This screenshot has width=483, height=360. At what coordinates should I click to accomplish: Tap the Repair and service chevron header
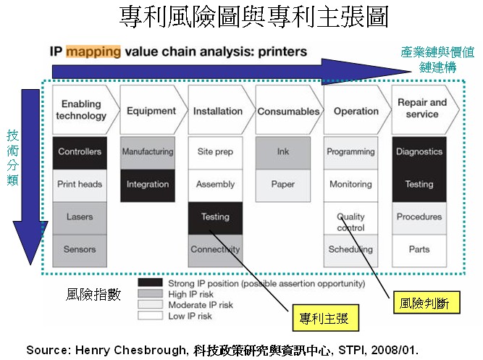click(x=425, y=109)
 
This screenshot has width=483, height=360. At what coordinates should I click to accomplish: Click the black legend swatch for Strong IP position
click(x=150, y=282)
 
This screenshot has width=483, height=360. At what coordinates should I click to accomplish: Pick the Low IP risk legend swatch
click(x=150, y=315)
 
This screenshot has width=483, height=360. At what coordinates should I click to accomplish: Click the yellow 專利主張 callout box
click(x=326, y=318)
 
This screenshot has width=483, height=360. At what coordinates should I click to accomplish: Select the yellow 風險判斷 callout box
click(x=427, y=302)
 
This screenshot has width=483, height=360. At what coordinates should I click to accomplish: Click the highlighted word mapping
click(x=93, y=51)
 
